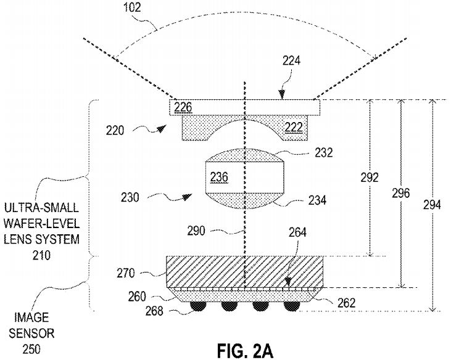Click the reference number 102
pos(132,7)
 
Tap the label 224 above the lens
pos(291,61)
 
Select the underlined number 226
pos(183,107)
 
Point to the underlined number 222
pos(294,127)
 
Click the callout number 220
pos(115,131)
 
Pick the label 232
pos(323,152)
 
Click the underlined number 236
pos(219,177)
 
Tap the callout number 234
pos(317,200)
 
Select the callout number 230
pos(130,198)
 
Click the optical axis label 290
pos(196,231)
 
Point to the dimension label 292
pos(370,178)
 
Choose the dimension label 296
pos(400,193)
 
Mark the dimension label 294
pos(432,205)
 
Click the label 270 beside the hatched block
pos(126,273)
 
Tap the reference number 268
pos(154,311)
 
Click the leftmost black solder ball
pos(197,306)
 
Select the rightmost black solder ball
pos(292,306)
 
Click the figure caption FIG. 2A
pos(245,351)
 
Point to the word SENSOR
pos(31,333)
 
